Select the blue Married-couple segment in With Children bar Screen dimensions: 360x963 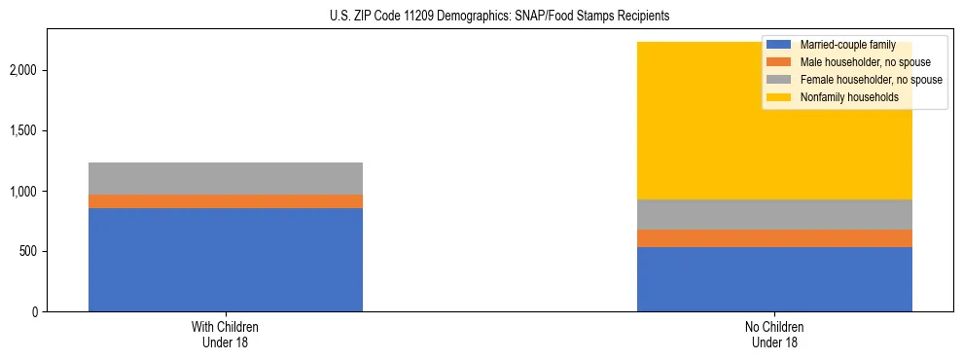coord(226,260)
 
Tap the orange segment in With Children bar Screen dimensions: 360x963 coord(226,201)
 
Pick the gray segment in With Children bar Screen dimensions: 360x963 coord(226,178)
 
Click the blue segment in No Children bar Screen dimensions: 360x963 coord(774,279)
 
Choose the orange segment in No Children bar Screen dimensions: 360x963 coord(774,238)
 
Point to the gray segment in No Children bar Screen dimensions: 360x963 coord(774,214)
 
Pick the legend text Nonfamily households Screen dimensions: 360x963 coord(841,97)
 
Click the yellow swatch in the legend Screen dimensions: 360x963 coord(779,97)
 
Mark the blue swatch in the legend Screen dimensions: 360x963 coord(779,45)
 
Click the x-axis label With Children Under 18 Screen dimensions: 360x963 coord(226,335)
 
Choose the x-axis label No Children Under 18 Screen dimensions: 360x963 coord(774,335)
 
